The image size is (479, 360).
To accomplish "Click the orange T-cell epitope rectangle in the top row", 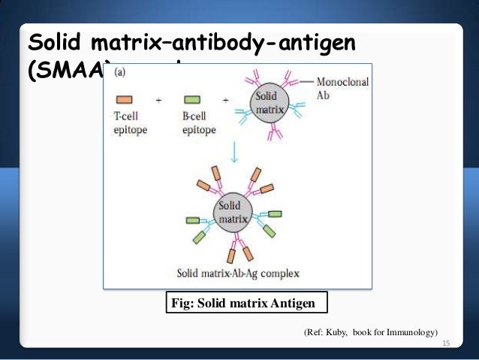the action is tap(125, 99).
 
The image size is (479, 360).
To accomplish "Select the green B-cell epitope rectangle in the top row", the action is tap(192, 99).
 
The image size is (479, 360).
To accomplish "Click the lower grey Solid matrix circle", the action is tap(233, 211).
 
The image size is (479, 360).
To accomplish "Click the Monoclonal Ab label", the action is tap(342, 89).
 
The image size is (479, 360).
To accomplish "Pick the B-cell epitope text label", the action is tap(197, 124).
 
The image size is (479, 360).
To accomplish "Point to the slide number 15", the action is tap(446, 343).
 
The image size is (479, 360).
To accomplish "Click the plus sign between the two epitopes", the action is tap(158, 99).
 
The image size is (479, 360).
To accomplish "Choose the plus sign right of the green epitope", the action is tap(225, 99).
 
